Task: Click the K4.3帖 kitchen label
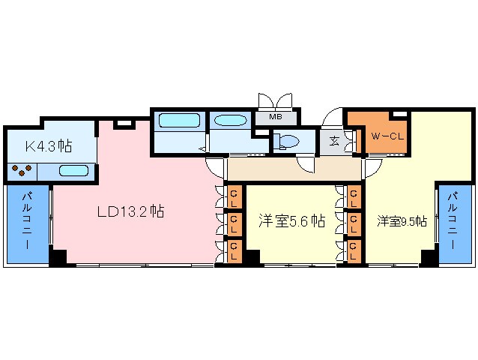(49, 145)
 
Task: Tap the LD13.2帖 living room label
(131, 211)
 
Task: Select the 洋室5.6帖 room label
(291, 220)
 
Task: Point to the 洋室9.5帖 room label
(402, 221)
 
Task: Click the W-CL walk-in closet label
(387, 136)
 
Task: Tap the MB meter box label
(276, 116)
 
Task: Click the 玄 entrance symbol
(334, 141)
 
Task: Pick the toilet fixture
(286, 141)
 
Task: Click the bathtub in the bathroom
(179, 121)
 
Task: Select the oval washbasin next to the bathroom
(230, 120)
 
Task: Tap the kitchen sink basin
(73, 170)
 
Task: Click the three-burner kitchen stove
(21, 170)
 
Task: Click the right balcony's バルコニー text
(452, 220)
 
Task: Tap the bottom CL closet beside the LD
(235, 251)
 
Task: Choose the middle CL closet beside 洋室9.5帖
(354, 224)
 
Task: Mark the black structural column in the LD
(58, 258)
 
